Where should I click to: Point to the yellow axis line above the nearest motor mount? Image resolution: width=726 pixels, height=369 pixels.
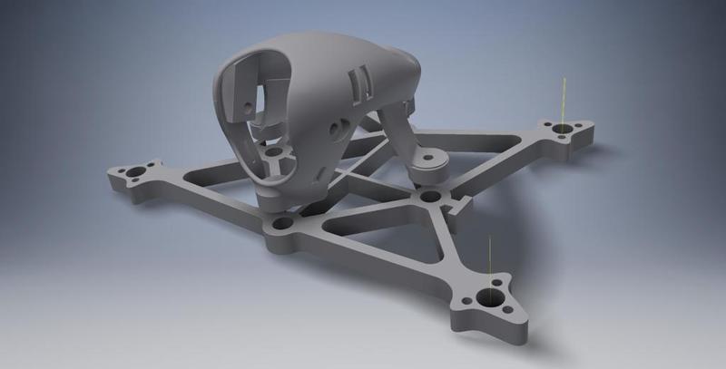pos(489,258)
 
